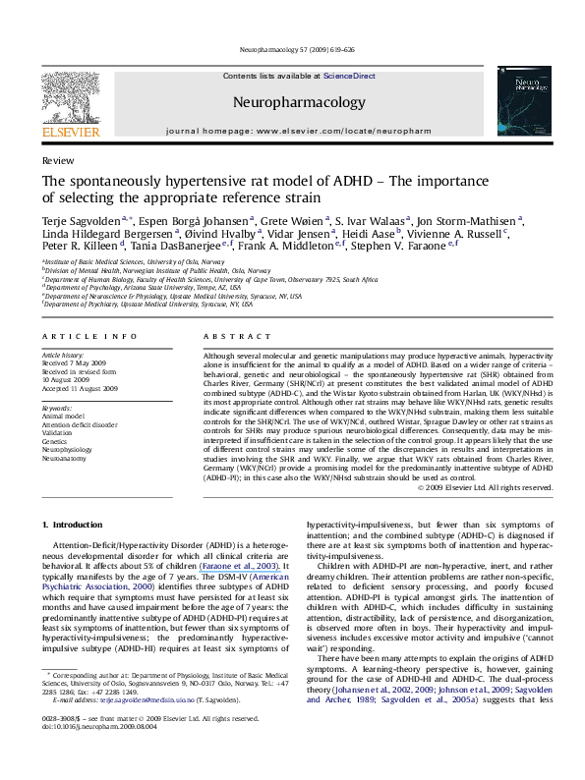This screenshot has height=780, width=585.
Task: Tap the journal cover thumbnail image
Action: pos(520,102)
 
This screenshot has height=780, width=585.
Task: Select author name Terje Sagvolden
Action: pos(77,223)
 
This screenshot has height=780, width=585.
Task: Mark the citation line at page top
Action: pos(292,47)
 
